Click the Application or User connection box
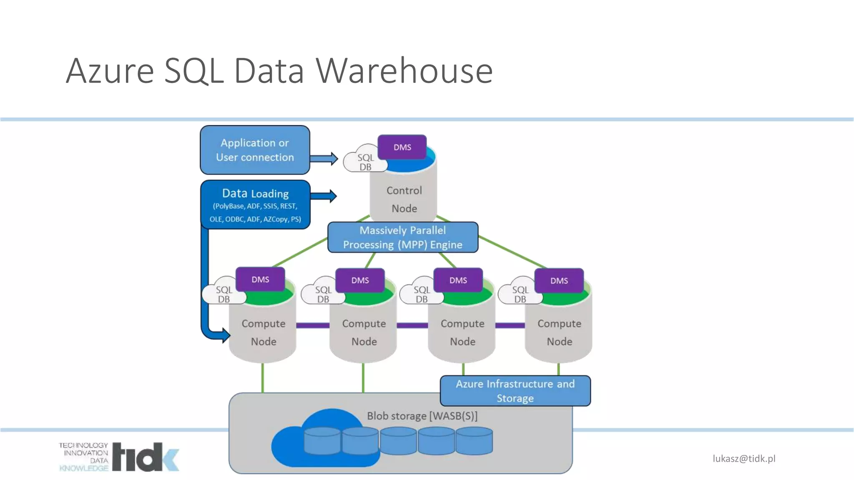[x=255, y=150]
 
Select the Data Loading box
[x=255, y=205]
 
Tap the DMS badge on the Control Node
[x=402, y=147]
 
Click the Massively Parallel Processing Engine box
[x=402, y=237]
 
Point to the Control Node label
[x=404, y=199]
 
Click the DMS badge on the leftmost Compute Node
[x=260, y=280]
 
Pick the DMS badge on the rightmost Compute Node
[x=559, y=281]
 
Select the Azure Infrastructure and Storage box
[x=515, y=391]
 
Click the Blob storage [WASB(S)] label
[x=422, y=416]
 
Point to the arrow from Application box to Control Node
[x=324, y=159]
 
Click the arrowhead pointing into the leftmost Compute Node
[x=225, y=335]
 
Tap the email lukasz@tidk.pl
[x=744, y=459]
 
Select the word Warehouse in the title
[x=404, y=71]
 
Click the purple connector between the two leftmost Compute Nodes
[x=313, y=325]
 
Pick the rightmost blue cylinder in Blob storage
[x=474, y=441]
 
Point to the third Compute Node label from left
[x=462, y=332]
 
